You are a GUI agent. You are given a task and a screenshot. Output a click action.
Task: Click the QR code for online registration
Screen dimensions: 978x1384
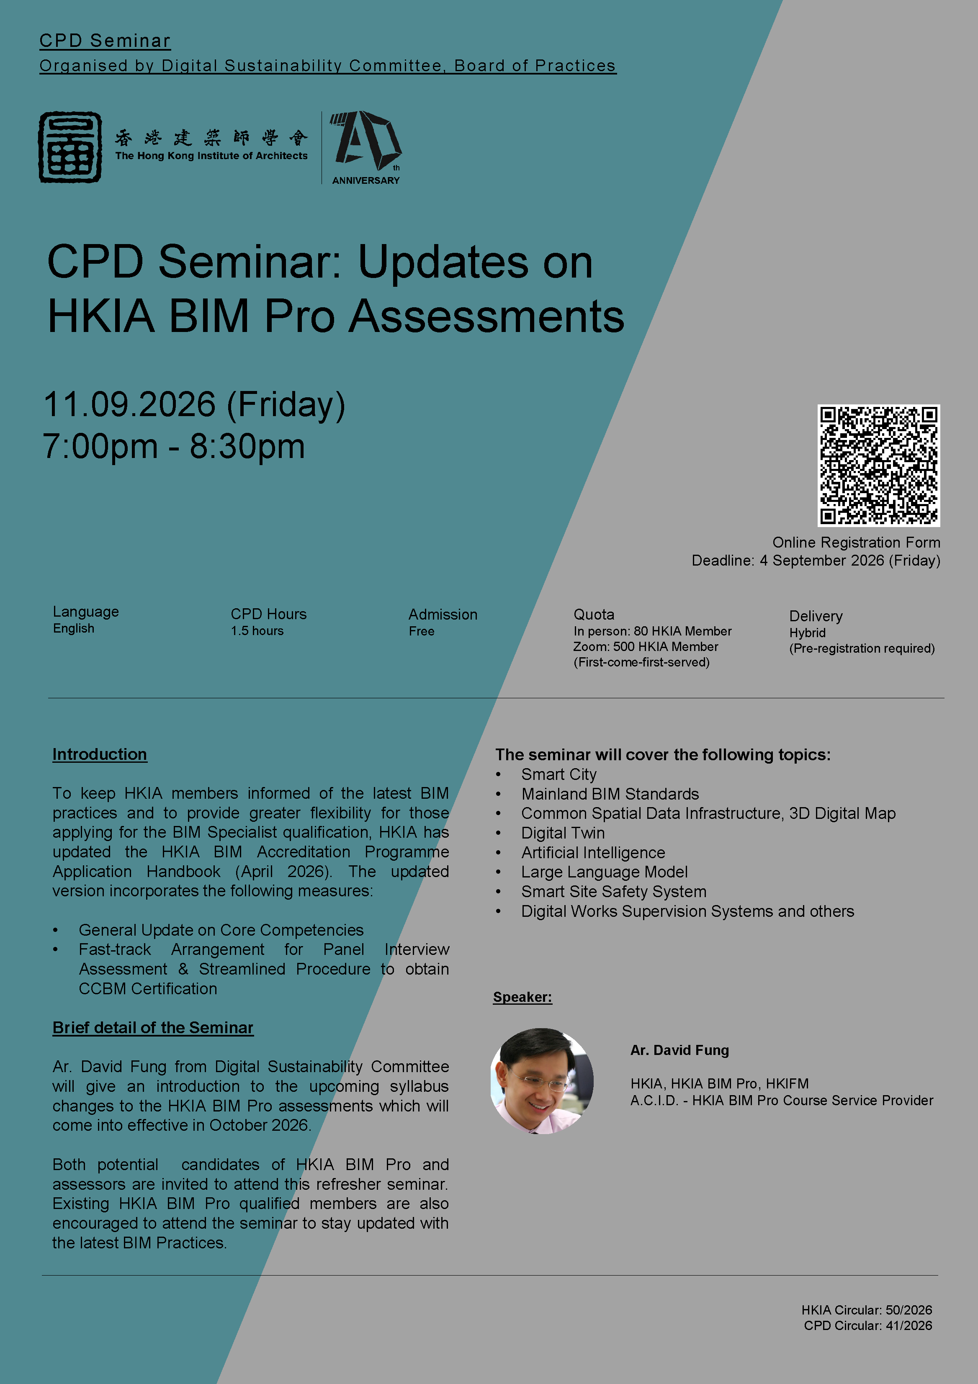point(878,466)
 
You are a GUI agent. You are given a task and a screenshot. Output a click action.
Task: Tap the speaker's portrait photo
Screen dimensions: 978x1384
point(542,1081)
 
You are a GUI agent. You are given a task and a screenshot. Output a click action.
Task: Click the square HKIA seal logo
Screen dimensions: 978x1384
point(70,147)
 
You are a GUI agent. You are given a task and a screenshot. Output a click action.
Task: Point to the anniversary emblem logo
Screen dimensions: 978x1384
point(366,147)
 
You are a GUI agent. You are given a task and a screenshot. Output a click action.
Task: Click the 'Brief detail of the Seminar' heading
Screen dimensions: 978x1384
point(153,1027)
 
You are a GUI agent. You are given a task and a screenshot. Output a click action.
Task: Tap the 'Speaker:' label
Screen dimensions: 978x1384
point(522,997)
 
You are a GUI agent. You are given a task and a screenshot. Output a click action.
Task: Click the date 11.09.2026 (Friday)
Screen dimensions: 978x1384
point(194,404)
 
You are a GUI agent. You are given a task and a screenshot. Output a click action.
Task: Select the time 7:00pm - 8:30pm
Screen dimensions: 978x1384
point(174,447)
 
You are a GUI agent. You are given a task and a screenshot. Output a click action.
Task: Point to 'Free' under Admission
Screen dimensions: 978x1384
point(422,631)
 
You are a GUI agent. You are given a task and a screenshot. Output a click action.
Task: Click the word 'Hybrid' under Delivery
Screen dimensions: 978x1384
point(807,633)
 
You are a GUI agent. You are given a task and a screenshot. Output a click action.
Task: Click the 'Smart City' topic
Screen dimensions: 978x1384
point(559,774)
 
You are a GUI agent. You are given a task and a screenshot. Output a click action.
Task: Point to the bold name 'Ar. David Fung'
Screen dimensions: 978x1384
point(679,1050)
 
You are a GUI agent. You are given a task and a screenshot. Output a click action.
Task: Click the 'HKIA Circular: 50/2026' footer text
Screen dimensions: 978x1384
point(867,1310)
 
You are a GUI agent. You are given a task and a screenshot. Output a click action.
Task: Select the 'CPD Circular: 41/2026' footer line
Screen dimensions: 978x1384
point(867,1325)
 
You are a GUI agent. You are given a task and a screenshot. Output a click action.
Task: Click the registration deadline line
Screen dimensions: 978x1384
point(816,561)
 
